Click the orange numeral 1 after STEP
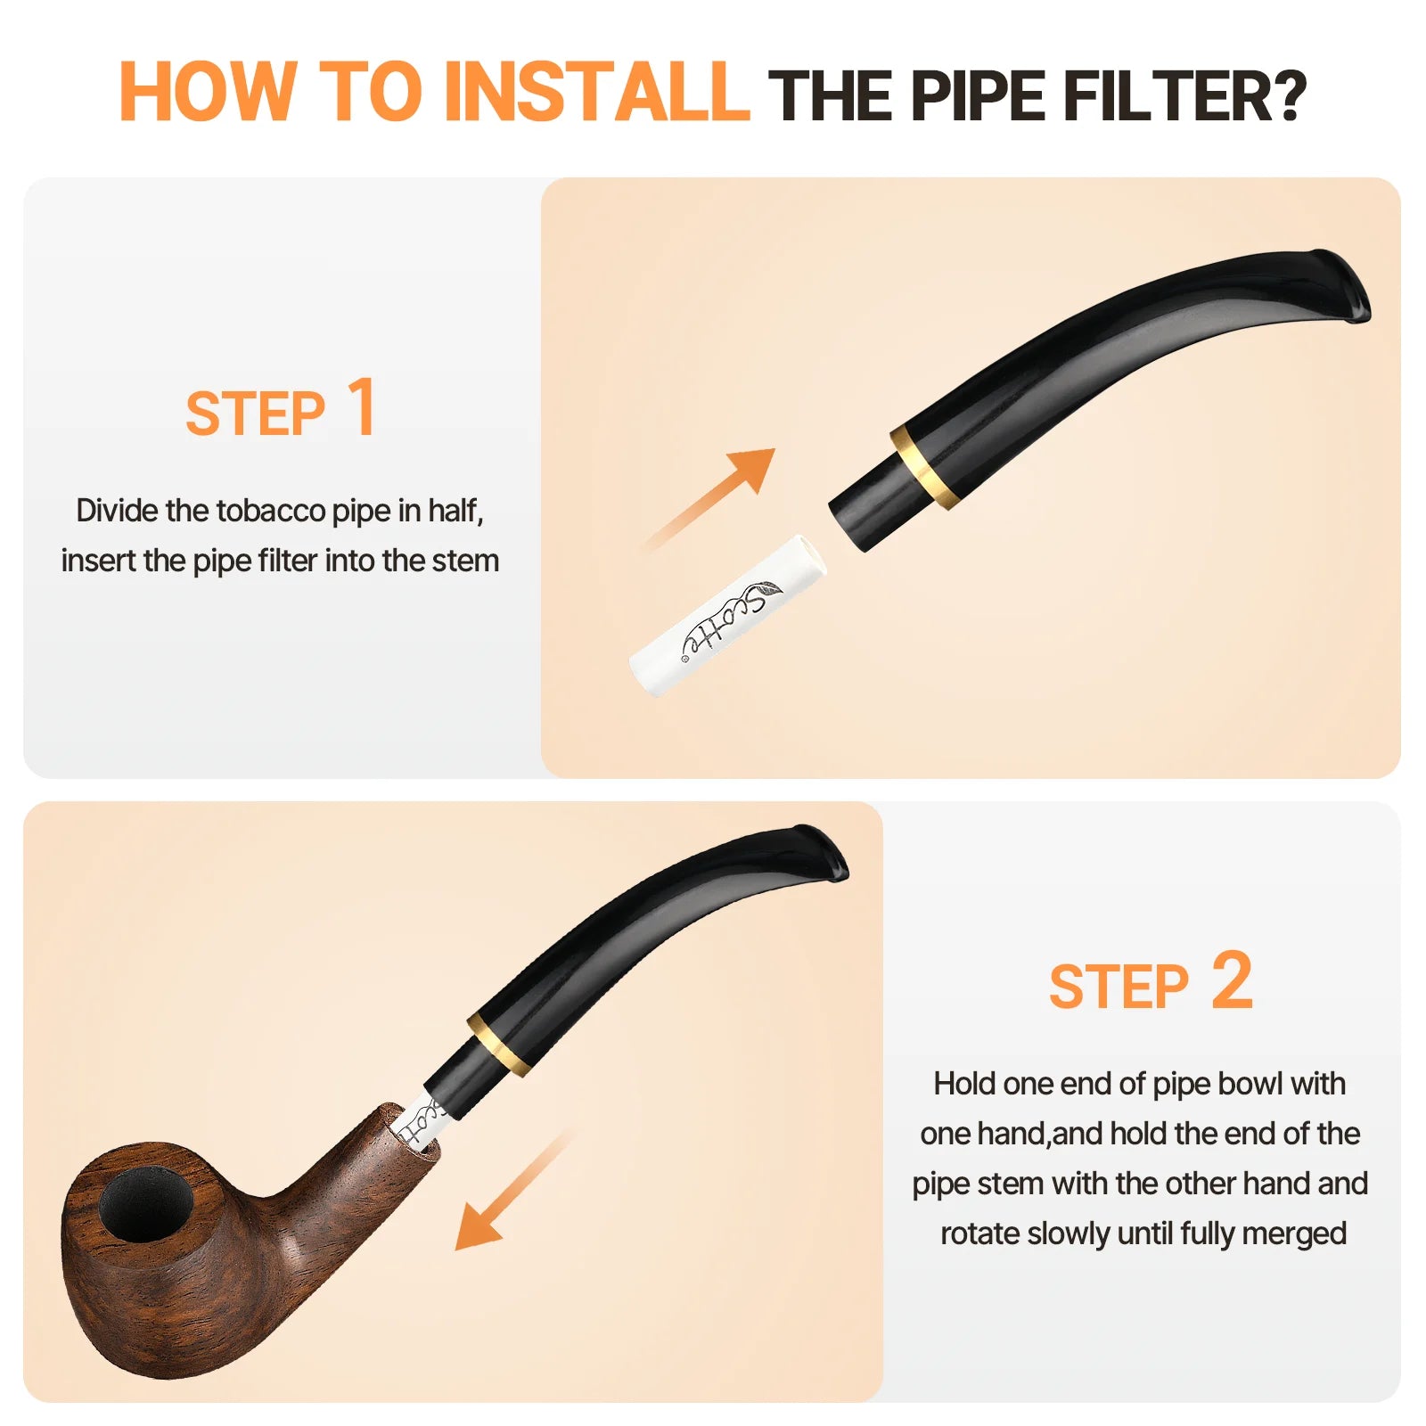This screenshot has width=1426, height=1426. coord(362,407)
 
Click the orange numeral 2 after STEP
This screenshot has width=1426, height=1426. coord(1232,980)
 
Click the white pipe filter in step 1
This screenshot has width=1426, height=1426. coord(726,615)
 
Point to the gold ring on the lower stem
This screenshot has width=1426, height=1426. coord(498,1042)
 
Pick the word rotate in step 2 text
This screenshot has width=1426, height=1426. coord(980,1233)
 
